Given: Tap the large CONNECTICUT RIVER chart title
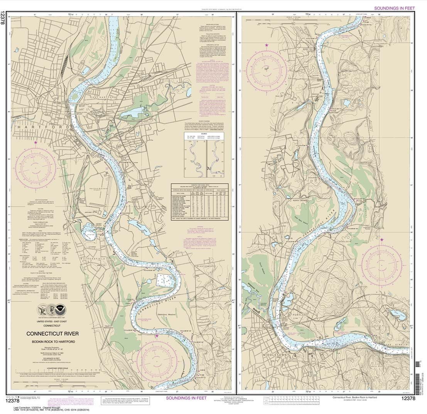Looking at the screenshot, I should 52,334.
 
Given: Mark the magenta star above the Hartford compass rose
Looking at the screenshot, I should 35,142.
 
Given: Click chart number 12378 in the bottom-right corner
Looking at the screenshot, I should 408,399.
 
